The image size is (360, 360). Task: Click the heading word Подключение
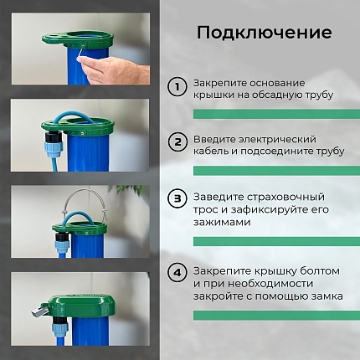click(264, 33)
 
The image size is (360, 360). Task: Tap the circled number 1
click(177, 87)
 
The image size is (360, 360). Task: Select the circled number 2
click(177, 141)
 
